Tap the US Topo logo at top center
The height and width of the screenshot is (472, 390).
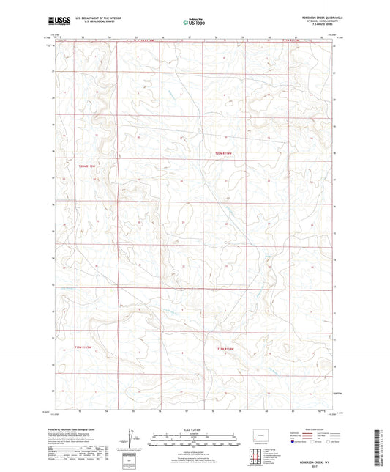coord(190,21)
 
